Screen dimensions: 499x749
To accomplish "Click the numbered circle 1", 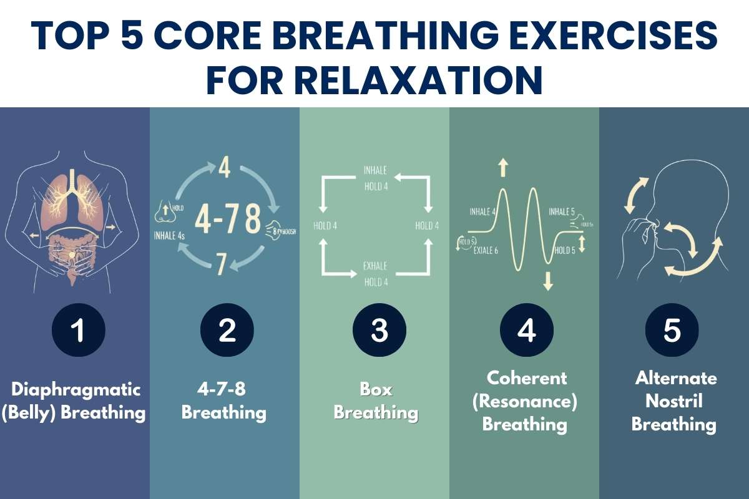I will pos(77,330).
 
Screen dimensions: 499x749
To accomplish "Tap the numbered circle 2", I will pos(227,330).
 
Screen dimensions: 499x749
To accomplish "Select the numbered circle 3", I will pos(379,330).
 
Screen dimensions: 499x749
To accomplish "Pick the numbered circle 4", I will pos(527,330).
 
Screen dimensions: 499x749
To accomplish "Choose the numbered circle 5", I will pos(672,330).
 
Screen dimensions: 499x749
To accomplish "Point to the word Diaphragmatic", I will pos(76,390).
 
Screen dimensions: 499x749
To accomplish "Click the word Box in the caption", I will pos(376,390).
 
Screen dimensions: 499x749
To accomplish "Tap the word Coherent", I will pos(527,377).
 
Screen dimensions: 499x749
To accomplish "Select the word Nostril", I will pos(673,401).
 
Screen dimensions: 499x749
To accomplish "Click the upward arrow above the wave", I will pos(504,167).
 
